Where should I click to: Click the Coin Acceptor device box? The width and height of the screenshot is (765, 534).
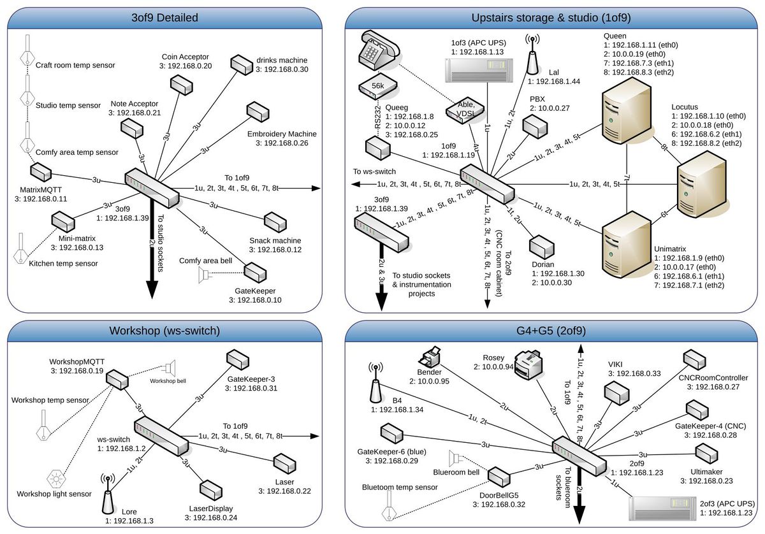click(x=179, y=84)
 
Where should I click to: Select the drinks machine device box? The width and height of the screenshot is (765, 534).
click(x=242, y=65)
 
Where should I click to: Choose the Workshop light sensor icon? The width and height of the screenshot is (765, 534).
click(x=57, y=477)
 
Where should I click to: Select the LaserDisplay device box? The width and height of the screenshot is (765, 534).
click(x=210, y=489)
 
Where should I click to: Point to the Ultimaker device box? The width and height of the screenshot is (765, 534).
click(x=706, y=452)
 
